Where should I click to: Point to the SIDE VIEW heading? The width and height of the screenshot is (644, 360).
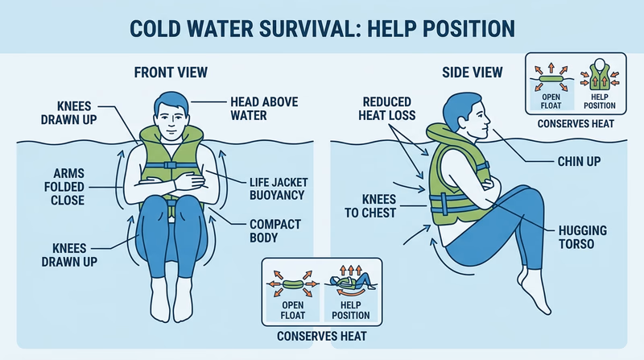[473, 72]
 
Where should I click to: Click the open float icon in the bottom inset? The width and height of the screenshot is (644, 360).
[294, 282]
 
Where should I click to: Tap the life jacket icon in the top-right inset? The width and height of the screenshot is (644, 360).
[601, 78]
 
